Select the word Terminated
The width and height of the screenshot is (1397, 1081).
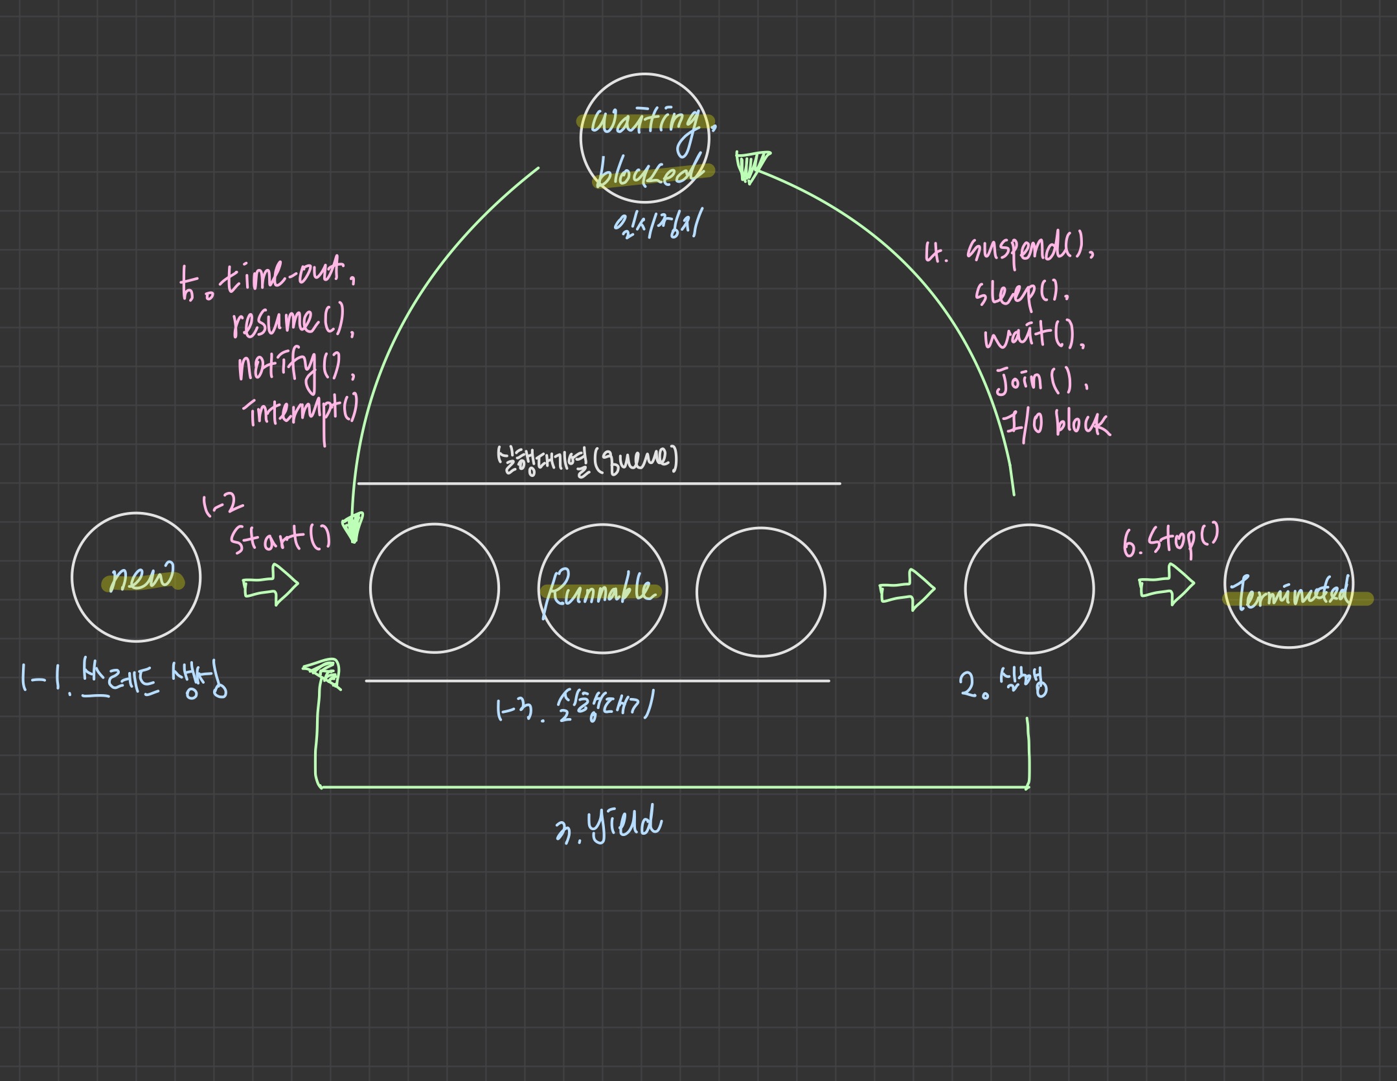[1293, 593]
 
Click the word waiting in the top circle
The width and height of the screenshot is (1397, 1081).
[644, 121]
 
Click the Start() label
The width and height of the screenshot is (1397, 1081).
[280, 538]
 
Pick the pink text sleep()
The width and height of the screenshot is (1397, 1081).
[1022, 293]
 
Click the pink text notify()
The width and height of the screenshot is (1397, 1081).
[295, 366]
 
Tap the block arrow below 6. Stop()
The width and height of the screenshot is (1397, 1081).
[1166, 584]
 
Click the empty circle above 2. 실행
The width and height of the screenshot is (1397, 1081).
[1028, 588]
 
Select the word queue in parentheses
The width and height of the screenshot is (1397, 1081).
[635, 460]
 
